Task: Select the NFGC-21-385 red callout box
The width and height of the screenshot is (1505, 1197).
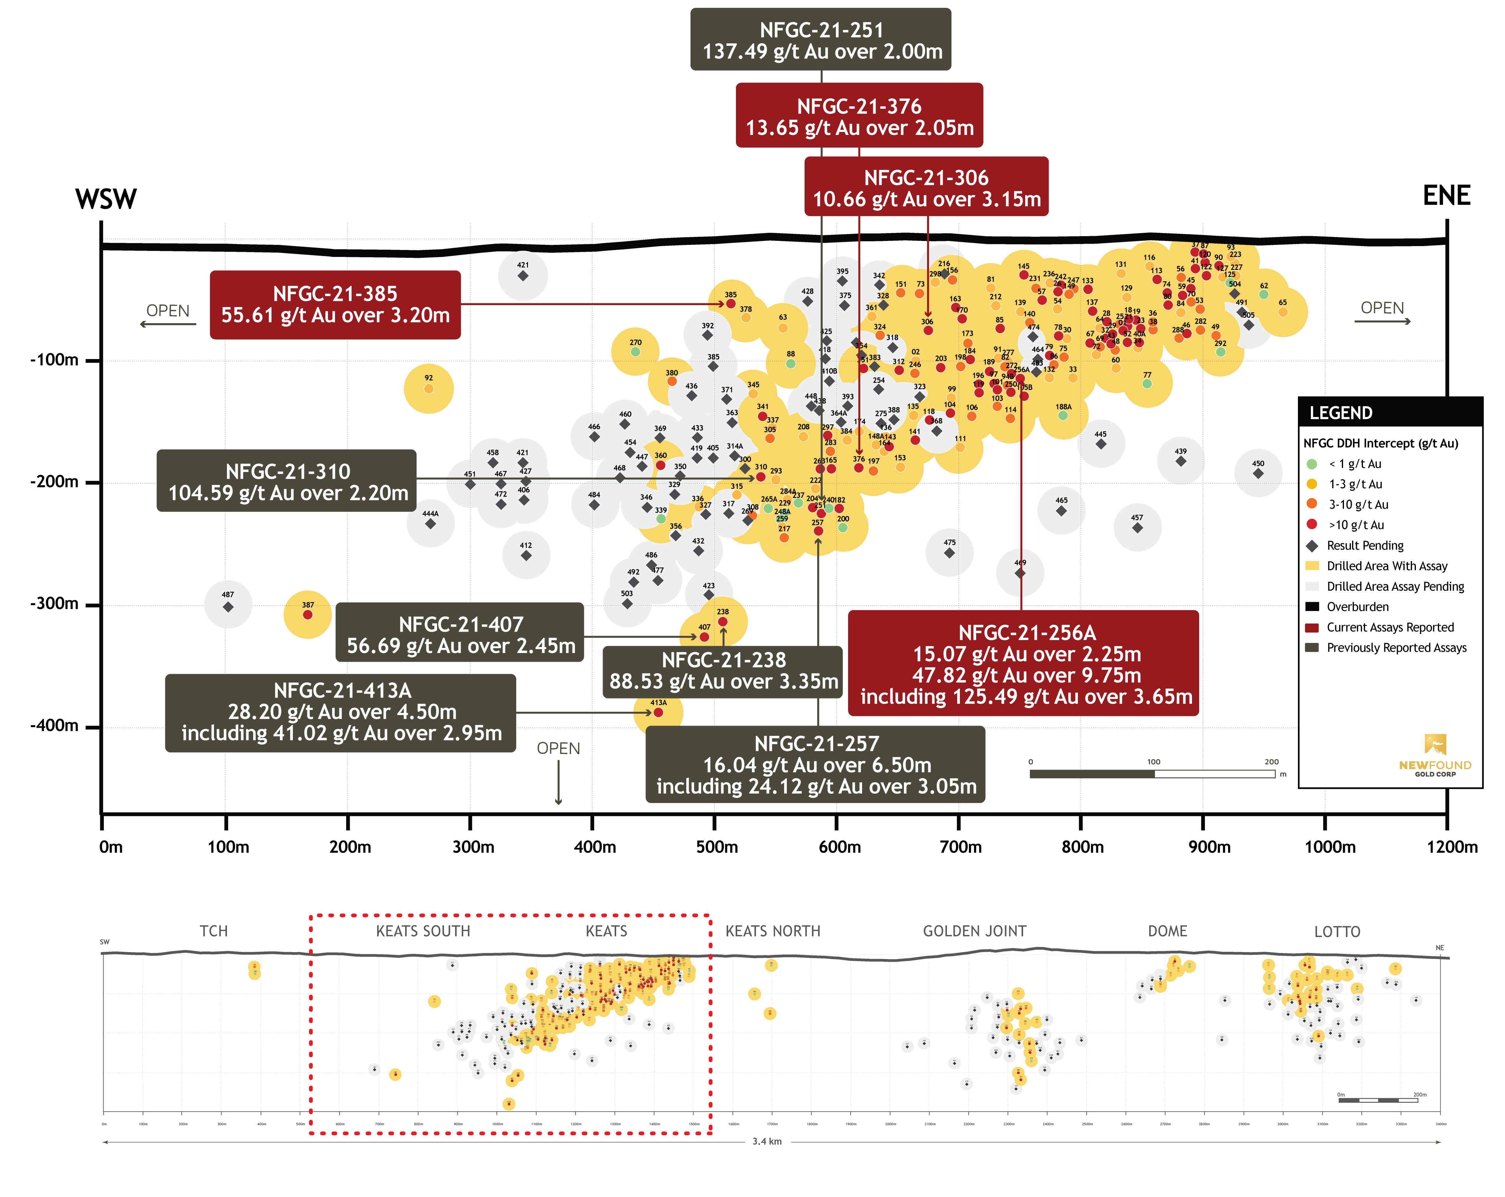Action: pyautogui.click(x=335, y=305)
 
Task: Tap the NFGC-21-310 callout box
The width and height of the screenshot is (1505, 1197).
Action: pyautogui.click(x=287, y=481)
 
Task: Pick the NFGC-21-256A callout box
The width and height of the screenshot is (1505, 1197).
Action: pyautogui.click(x=1023, y=664)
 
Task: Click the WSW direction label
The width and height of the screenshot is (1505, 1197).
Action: pyautogui.click(x=106, y=199)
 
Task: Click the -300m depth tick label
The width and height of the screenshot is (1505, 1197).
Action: pyautogui.click(x=54, y=603)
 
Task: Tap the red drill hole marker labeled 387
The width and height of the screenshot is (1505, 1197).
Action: pyautogui.click(x=308, y=614)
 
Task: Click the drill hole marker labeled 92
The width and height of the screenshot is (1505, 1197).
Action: pyautogui.click(x=429, y=388)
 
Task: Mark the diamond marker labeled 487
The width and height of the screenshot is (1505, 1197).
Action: pyautogui.click(x=228, y=607)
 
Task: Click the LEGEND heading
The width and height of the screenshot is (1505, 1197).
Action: pyautogui.click(x=1340, y=413)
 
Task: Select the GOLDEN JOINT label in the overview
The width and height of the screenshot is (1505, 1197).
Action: pyautogui.click(x=974, y=931)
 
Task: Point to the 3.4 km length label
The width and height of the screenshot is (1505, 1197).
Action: pyautogui.click(x=766, y=1141)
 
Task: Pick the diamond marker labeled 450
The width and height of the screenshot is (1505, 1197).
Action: pyautogui.click(x=1258, y=473)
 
